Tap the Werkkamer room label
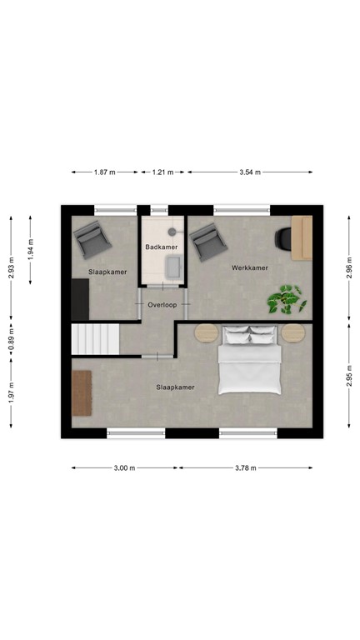point(249,267)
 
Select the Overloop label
point(163,305)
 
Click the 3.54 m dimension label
point(249,172)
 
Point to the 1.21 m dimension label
point(162,172)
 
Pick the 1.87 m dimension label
point(105,172)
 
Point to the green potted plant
point(284,300)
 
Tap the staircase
point(95,339)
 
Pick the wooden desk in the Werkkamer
point(301,237)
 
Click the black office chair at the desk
point(282,238)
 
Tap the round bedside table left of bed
point(205,332)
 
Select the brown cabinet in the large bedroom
point(81,392)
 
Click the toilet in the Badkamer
point(173,231)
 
